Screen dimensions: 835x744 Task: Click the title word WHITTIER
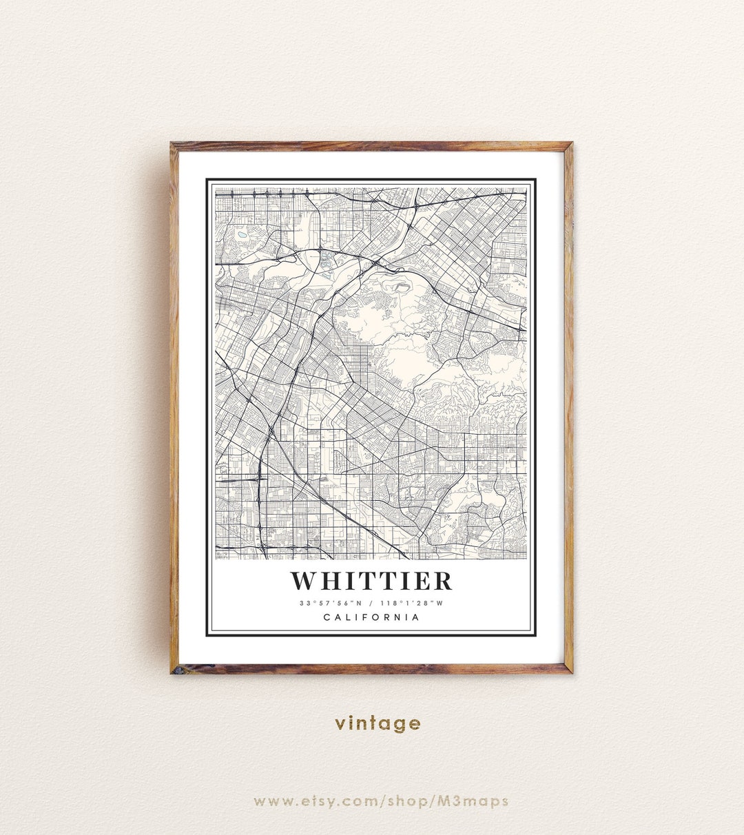371,581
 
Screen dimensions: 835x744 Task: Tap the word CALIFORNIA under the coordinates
371,617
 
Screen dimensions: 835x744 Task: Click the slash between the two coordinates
371,604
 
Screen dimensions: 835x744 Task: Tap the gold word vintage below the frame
378,723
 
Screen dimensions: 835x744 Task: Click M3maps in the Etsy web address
483,801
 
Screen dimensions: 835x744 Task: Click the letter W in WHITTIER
305,581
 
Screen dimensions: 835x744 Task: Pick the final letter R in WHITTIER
443,581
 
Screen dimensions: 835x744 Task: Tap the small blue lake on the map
242,235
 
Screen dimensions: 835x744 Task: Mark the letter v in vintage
340,723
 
